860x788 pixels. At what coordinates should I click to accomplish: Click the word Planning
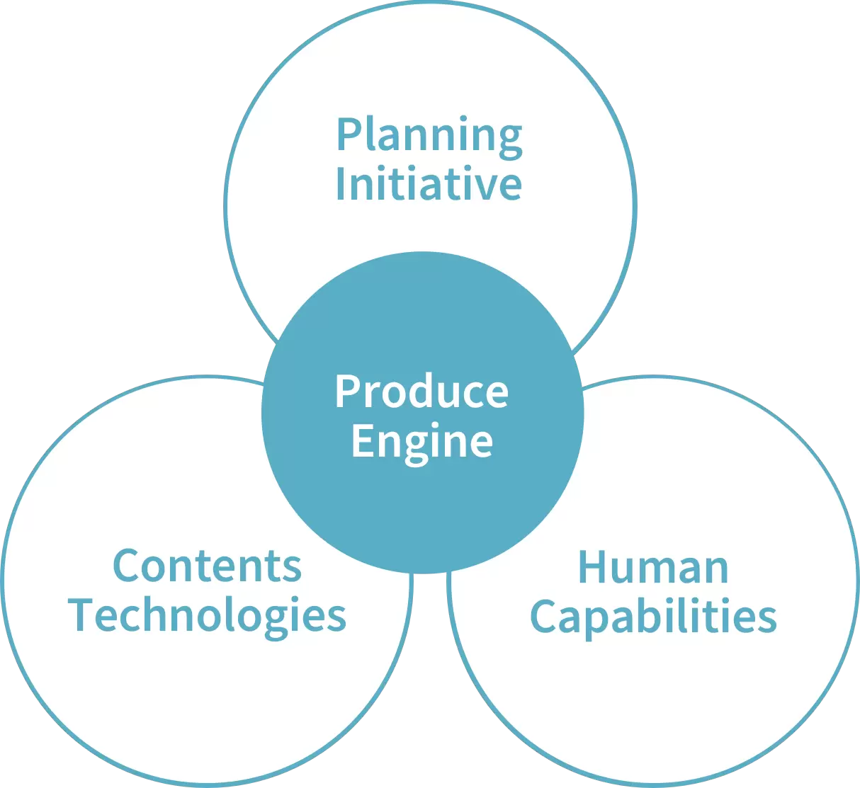(429, 137)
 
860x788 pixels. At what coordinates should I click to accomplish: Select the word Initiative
(429, 183)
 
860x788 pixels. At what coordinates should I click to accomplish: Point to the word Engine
(422, 442)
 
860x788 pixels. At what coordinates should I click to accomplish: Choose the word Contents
(208, 566)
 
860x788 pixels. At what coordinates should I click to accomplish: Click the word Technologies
(207, 617)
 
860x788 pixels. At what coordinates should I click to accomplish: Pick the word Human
(653, 568)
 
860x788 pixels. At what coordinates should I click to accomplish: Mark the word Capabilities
(654, 617)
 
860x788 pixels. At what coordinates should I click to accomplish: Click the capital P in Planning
(348, 134)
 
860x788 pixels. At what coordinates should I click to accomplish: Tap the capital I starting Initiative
(341, 183)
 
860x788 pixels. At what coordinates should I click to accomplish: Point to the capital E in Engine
(362, 440)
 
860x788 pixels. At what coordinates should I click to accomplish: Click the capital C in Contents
(126, 566)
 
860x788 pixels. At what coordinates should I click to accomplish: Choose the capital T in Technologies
(81, 615)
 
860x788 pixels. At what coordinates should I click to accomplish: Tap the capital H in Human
(592, 567)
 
